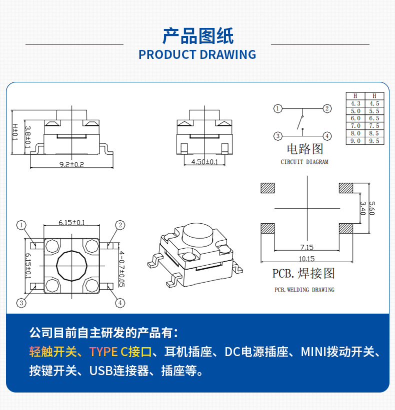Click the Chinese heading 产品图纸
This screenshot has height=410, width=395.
coord(197,35)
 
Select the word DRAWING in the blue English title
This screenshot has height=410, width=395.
coord(227,54)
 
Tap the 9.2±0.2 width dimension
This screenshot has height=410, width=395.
coord(72,164)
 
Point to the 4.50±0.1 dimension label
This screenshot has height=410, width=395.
coord(204,162)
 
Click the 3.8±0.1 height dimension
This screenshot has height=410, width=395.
coord(28,136)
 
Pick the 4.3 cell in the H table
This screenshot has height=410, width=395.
coord(355,103)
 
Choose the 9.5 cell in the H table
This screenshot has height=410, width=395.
coord(374,141)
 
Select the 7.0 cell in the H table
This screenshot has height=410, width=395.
coord(355,126)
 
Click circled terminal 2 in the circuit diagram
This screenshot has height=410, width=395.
coord(326,108)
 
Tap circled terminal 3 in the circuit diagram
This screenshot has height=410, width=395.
coord(277,136)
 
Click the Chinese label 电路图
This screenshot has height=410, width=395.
coord(304,149)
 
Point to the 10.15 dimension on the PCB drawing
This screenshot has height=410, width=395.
coord(307,259)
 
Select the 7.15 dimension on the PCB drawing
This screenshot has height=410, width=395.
coord(307,247)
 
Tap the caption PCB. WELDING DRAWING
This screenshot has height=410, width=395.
coord(304,290)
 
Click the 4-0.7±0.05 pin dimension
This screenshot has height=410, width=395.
coord(121,269)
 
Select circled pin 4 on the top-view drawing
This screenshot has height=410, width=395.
coord(120,303)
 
